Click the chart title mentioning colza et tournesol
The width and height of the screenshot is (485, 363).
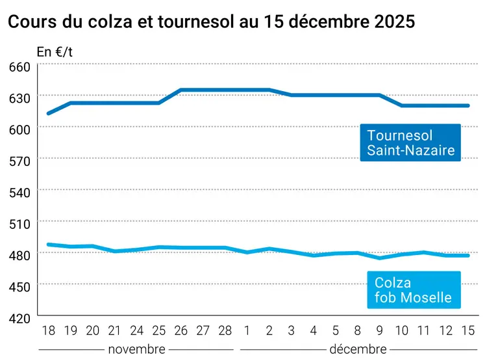(x=211, y=21)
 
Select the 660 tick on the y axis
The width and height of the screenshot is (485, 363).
(x=19, y=66)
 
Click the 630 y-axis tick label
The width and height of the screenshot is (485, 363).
(x=19, y=98)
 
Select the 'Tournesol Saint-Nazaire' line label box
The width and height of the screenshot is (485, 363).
(x=410, y=144)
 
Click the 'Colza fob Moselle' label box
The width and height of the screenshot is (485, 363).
(x=413, y=291)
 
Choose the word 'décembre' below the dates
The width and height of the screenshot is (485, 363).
(x=358, y=349)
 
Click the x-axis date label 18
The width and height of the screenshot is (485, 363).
(x=48, y=330)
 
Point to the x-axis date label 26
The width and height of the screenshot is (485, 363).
(x=181, y=330)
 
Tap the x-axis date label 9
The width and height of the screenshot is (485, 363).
(x=380, y=330)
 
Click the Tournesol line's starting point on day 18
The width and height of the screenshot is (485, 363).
(x=48, y=113)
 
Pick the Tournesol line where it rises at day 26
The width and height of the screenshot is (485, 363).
(x=181, y=90)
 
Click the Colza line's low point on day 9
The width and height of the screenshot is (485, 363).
(x=380, y=258)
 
